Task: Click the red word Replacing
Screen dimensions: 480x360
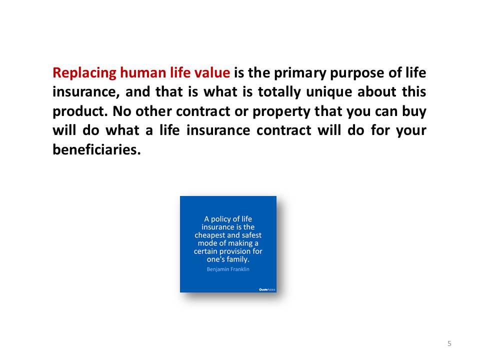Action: tap(84, 73)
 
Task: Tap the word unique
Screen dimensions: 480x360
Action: tap(329, 92)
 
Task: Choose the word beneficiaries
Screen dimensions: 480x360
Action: tap(96, 149)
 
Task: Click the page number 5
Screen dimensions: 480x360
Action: tap(449, 343)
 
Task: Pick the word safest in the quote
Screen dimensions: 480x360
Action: tap(251, 235)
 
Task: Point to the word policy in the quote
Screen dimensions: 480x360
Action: tap(220, 219)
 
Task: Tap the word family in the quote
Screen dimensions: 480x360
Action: tap(238, 259)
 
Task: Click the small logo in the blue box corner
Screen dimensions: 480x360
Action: tap(267, 289)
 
